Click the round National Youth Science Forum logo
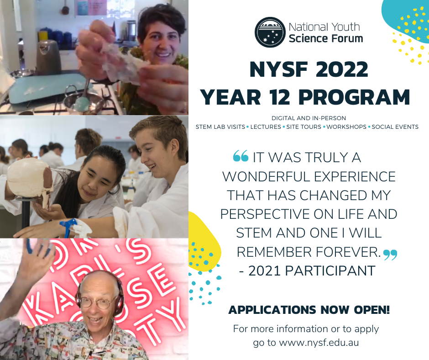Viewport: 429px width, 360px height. coord(270,32)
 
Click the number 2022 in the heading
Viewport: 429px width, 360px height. coord(342,69)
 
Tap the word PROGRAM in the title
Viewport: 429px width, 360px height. coord(354,97)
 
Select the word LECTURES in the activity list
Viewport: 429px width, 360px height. coord(266,127)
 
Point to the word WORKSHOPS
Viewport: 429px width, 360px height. coord(346,127)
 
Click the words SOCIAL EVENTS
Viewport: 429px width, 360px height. coord(395,127)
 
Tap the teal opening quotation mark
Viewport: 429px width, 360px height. coord(241,156)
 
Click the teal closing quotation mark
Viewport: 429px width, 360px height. coord(390,255)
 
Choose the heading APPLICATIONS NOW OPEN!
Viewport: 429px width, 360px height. coord(309,310)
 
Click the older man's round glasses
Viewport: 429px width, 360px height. coord(97,302)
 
